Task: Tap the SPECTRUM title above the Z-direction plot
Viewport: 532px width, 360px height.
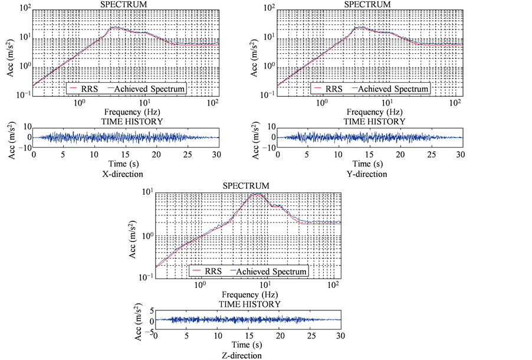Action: (246, 186)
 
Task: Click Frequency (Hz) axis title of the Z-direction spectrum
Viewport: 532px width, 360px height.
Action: (247, 294)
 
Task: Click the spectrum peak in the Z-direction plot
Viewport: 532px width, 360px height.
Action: (255, 194)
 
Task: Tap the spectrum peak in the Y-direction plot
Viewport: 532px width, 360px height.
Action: (358, 27)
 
